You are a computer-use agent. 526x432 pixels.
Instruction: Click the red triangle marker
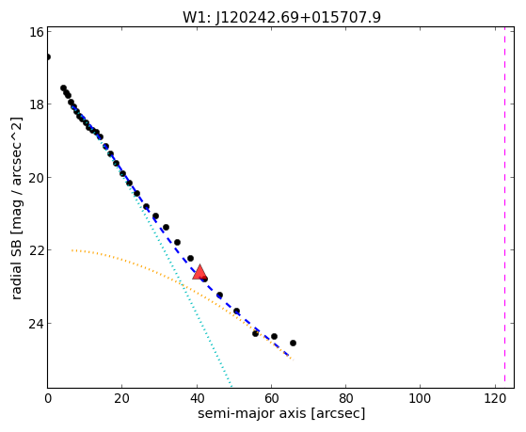point(199,272)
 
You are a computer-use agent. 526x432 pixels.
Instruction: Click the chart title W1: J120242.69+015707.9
point(281,17)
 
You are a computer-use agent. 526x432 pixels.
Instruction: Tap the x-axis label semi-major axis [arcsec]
point(281,413)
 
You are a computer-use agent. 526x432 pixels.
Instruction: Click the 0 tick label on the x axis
point(48,398)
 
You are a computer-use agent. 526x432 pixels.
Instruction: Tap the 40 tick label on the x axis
point(197,398)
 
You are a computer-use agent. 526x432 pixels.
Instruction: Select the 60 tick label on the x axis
point(271,398)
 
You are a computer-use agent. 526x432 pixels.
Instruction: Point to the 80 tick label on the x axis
point(346,398)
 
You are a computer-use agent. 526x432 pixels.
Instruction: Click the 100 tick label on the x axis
point(421,398)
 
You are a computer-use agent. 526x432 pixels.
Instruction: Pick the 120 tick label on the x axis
point(495,398)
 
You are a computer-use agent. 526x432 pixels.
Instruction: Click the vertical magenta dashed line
point(504,207)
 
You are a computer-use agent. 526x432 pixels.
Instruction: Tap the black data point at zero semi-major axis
point(48,56)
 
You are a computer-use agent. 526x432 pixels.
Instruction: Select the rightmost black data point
point(293,343)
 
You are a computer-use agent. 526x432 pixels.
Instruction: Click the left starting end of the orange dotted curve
point(72,250)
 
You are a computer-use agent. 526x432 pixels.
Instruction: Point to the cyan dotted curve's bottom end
point(231,386)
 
